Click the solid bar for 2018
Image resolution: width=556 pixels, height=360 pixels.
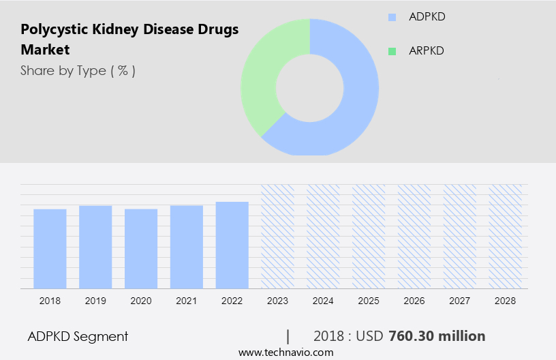point(50,248)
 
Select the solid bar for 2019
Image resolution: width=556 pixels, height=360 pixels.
point(95,247)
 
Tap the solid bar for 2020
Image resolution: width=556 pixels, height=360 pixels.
point(141,248)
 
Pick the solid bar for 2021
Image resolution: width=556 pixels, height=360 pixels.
point(187,247)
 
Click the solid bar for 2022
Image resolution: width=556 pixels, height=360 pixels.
point(232,245)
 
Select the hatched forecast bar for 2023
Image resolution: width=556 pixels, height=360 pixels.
point(277,236)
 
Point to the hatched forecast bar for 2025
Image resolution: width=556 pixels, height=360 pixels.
point(369,236)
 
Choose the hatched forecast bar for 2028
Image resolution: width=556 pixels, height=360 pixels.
point(505,236)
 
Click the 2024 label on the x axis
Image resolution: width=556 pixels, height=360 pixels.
point(323,300)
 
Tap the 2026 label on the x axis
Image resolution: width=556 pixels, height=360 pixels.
point(414,300)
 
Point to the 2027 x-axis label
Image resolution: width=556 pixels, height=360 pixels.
point(460,300)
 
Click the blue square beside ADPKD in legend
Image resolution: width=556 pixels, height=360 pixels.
point(391,17)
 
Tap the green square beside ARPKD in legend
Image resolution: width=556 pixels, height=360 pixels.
point(391,51)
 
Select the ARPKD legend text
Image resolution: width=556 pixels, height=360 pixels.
point(426,51)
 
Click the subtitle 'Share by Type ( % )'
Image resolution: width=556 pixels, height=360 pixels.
point(78,71)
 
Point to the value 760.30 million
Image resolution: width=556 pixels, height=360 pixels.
point(437,336)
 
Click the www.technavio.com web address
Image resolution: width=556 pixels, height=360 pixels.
point(286,352)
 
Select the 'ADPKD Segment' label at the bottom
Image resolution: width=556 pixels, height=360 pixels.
point(78,336)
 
